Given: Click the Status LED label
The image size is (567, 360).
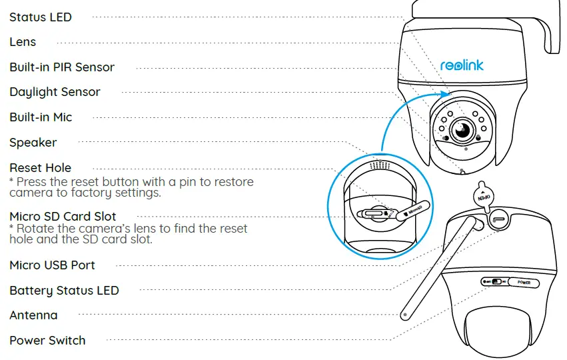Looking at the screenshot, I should click(40, 17).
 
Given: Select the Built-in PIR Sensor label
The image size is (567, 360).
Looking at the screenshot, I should click(62, 67).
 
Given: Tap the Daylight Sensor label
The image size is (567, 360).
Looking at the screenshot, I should click(55, 92).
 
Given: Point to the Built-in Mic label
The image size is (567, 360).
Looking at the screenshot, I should click(41, 117).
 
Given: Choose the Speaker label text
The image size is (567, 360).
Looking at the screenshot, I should click(33, 143).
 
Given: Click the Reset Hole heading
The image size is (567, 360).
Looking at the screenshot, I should click(40, 168).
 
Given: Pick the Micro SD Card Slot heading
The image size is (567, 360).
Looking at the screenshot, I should click(63, 217).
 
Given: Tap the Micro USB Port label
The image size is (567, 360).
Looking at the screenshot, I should click(52, 265).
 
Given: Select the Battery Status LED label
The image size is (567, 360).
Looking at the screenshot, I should click(64, 291).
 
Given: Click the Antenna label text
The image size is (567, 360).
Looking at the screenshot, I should click(33, 315).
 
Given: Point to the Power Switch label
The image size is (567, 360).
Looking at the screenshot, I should click(47, 341).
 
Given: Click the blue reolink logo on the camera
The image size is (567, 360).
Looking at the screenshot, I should click(462, 65).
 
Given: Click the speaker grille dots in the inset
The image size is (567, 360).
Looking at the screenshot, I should click(378, 164).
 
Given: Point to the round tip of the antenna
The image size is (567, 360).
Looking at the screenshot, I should click(404, 312).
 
